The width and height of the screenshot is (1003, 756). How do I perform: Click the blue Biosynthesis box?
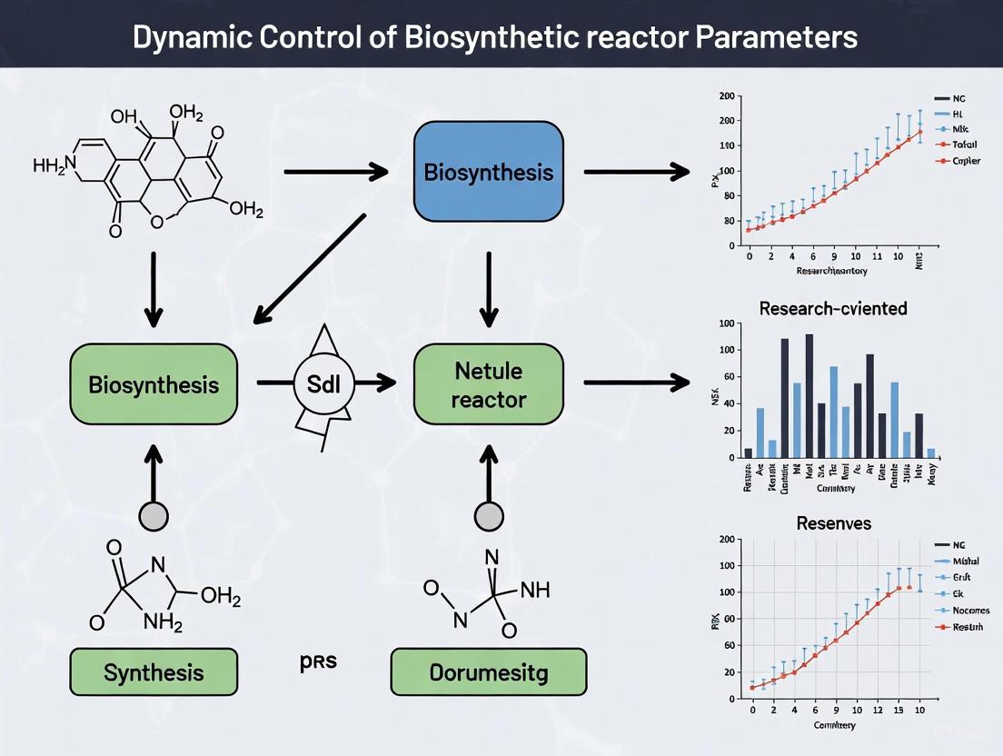[489, 172]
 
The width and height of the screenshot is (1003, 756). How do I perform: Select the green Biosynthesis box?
[154, 384]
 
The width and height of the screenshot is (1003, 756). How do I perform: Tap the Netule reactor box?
[489, 384]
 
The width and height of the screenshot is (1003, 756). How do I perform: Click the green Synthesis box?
[154, 673]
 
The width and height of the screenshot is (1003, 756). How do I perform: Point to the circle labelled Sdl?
[323, 383]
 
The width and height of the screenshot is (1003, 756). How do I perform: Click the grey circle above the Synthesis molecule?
[154, 516]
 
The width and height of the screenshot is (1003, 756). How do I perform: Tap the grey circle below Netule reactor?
[490, 516]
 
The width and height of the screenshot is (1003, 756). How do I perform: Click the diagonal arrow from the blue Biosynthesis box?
[309, 268]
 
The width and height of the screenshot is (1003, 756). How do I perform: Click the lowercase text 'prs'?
[318, 661]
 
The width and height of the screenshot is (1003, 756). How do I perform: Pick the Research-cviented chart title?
[832, 308]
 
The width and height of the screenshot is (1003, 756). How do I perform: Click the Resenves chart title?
[833, 523]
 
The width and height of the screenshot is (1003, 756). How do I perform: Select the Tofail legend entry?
[963, 144]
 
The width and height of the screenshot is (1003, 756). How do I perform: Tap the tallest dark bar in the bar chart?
[809, 396]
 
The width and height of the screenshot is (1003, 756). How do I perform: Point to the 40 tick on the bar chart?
[726, 404]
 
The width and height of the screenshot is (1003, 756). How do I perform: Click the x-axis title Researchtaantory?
[831, 271]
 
